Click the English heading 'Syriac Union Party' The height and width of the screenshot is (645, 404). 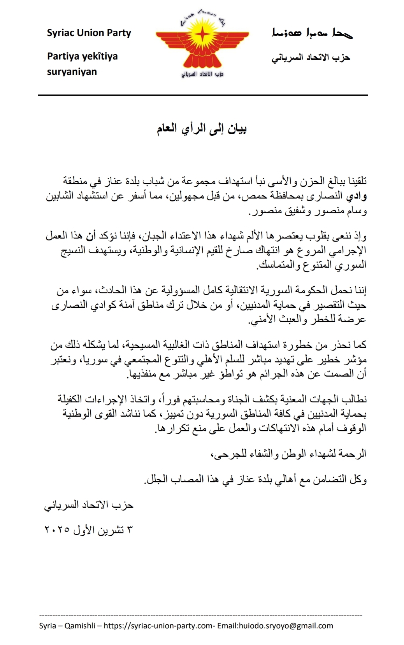(x=89, y=33)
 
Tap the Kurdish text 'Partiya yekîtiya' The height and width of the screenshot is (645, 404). (x=82, y=56)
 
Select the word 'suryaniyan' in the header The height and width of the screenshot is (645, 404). (x=72, y=72)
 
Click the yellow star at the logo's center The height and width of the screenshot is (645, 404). (x=202, y=36)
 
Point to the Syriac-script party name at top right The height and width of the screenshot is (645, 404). (x=312, y=33)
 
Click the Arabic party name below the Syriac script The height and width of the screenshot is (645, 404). (x=311, y=58)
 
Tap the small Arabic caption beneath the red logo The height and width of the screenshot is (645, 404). (x=202, y=74)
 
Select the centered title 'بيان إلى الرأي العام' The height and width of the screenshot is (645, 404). (x=202, y=129)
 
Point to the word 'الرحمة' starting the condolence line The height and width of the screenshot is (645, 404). (x=353, y=454)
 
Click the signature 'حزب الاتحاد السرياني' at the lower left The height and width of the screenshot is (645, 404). (x=89, y=505)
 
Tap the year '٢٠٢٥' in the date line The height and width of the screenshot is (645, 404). (x=58, y=530)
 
